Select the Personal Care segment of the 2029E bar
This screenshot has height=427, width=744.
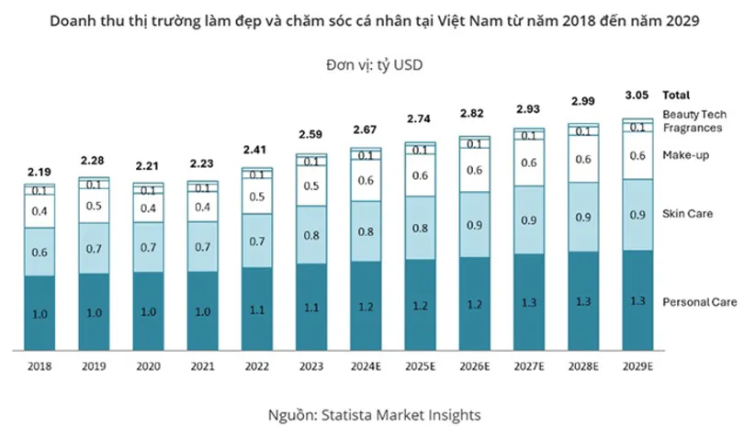(x=637, y=300)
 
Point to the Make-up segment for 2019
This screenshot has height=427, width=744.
(x=94, y=206)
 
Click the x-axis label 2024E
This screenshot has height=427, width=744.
(x=366, y=365)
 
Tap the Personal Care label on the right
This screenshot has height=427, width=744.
(x=694, y=301)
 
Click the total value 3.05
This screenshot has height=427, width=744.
(x=637, y=95)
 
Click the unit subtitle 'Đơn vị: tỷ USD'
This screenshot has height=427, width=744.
(x=372, y=64)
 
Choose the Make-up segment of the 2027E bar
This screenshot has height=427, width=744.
(x=529, y=163)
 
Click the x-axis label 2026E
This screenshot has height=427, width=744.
(x=475, y=365)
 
